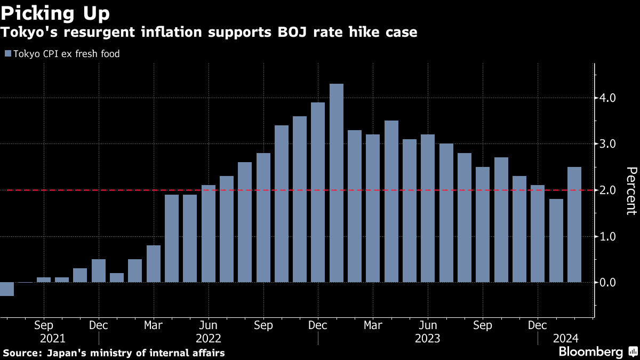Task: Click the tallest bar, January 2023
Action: (337, 183)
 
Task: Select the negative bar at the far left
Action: (7, 289)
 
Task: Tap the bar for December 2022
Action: (318, 192)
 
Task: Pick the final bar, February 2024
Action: (574, 225)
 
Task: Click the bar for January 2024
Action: (556, 241)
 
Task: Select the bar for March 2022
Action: (154, 263)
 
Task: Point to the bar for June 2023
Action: (428, 208)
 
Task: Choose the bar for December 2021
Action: (99, 270)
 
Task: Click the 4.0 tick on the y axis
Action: (609, 98)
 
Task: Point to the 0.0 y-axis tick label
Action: (609, 283)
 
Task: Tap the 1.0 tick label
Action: (609, 236)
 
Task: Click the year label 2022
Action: (209, 339)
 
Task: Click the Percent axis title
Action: (631, 190)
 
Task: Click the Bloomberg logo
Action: (591, 352)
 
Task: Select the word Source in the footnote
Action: (20, 353)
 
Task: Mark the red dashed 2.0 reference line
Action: (80, 190)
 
